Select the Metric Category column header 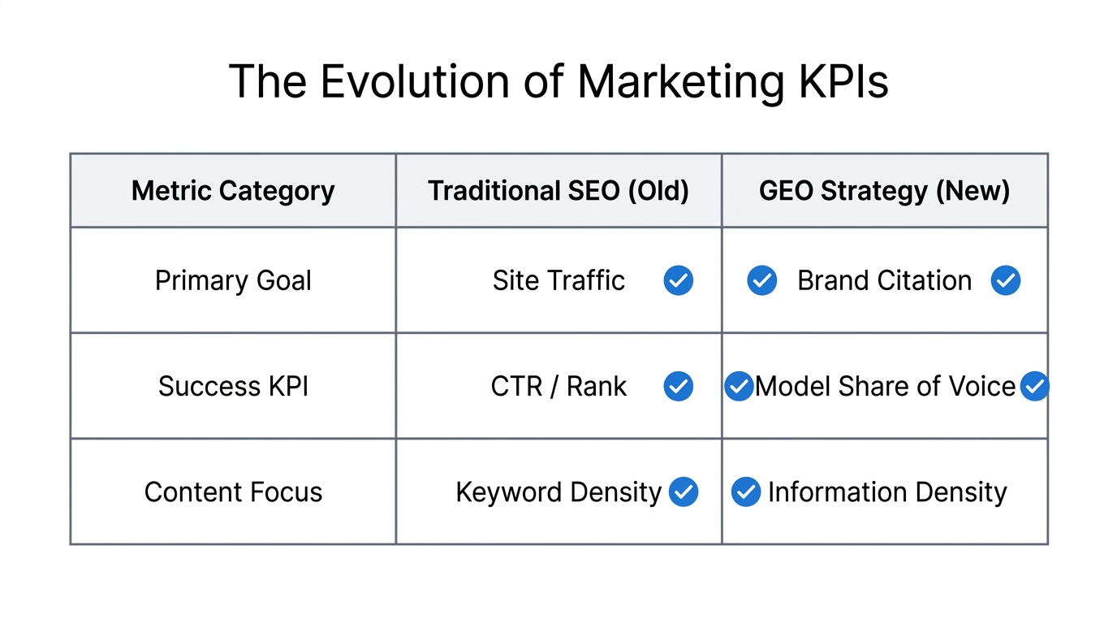point(233,191)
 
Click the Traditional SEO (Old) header point(558,191)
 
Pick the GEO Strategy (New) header point(884,191)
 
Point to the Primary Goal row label point(233,281)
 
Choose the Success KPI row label point(233,387)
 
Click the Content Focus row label point(233,492)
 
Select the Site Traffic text point(558,281)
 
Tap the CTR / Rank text point(558,387)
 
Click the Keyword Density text point(558,492)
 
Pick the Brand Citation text point(884,281)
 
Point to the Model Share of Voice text point(885,387)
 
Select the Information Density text point(887,492)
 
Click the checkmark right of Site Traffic point(679,281)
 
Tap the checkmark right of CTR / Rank point(679,387)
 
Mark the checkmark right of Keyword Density point(684,492)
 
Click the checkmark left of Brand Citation point(761,281)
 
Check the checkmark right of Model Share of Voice point(1034,387)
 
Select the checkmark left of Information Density point(745,492)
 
